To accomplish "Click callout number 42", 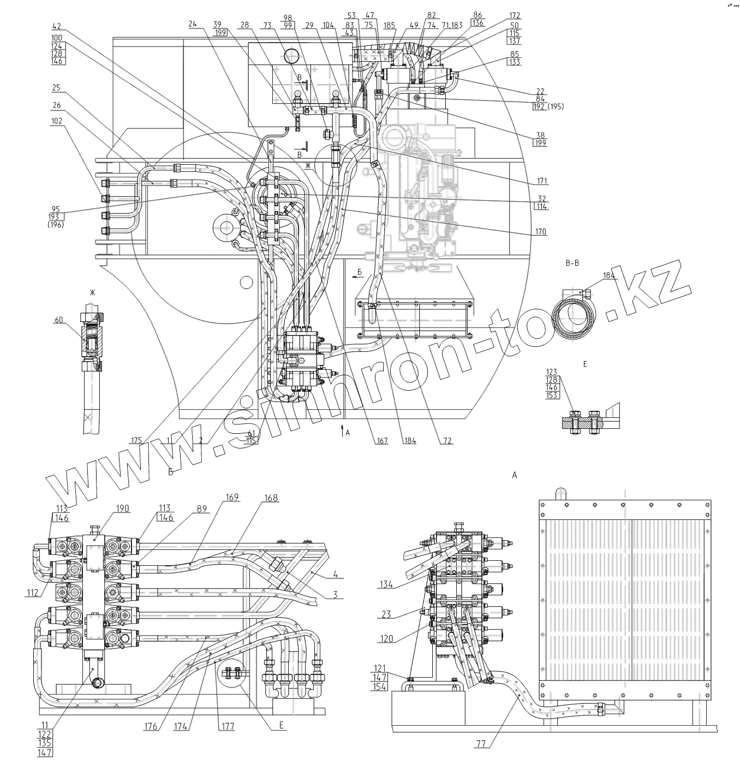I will tap(57, 26).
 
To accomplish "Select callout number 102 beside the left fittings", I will tap(57, 121).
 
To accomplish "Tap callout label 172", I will tap(515, 16).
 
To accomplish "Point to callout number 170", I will tap(541, 232).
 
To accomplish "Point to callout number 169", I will tap(232, 497).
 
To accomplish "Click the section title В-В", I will tap(573, 264).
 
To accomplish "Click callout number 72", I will tap(447, 441).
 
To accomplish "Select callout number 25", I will tap(57, 88).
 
